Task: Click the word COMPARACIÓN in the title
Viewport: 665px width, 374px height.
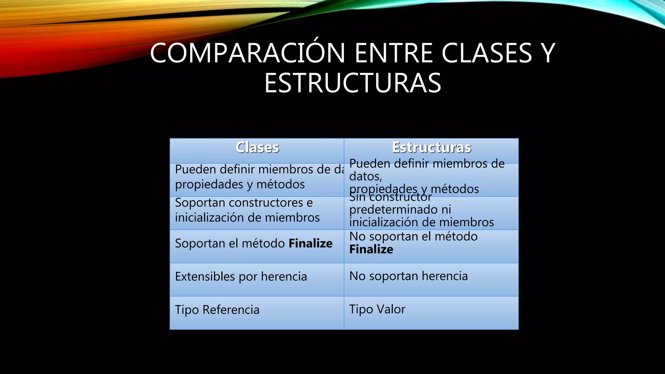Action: [x=247, y=53]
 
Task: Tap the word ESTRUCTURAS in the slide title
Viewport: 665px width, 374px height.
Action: [x=353, y=83]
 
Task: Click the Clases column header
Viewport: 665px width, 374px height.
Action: [x=257, y=147]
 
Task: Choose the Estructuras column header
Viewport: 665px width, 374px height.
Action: [x=432, y=147]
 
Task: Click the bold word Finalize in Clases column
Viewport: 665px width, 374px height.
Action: [x=310, y=243]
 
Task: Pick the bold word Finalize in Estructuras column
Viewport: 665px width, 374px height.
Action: [x=371, y=249]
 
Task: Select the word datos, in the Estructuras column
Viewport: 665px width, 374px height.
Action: [x=366, y=176]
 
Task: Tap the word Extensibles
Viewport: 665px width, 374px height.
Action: [x=205, y=277]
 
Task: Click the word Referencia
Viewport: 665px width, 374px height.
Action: [x=231, y=310]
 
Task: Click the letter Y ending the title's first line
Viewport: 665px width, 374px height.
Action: [x=548, y=53]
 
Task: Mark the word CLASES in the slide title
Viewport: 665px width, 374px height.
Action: [x=486, y=53]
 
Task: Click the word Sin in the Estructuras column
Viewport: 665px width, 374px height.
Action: [x=357, y=197]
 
